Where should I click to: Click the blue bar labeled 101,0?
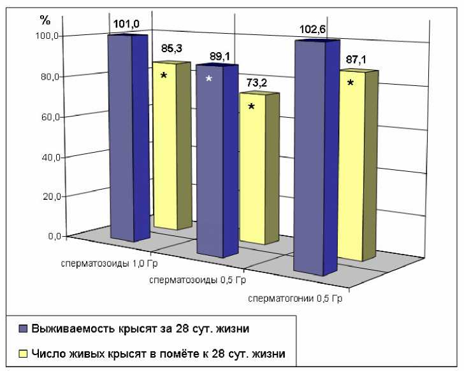[x=121, y=137]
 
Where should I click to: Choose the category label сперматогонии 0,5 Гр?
[x=294, y=298]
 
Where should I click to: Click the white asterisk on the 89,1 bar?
[x=208, y=80]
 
